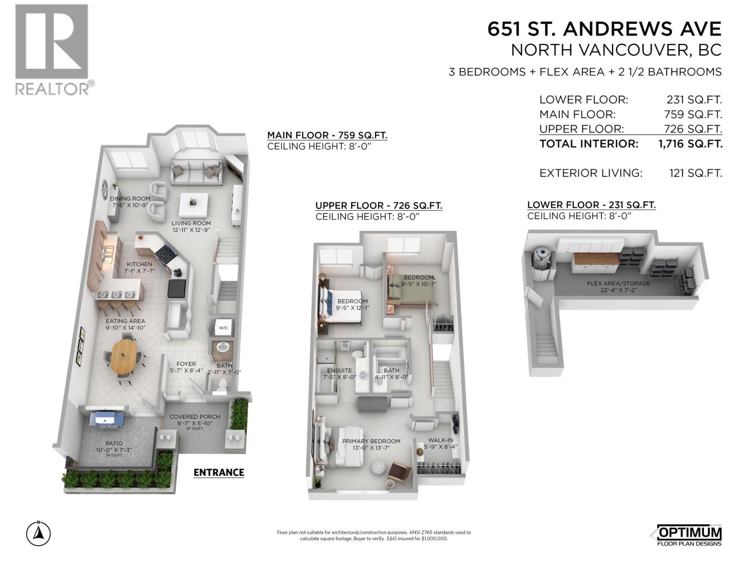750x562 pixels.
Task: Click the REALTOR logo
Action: point(52,49)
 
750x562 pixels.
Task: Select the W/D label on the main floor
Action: point(223,328)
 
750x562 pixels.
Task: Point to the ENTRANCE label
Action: point(219,472)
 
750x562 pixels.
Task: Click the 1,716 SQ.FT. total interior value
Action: point(690,144)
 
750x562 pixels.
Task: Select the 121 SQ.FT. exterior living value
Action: point(696,173)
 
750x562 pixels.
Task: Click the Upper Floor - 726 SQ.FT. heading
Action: point(379,206)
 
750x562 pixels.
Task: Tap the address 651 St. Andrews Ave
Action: point(604,29)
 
